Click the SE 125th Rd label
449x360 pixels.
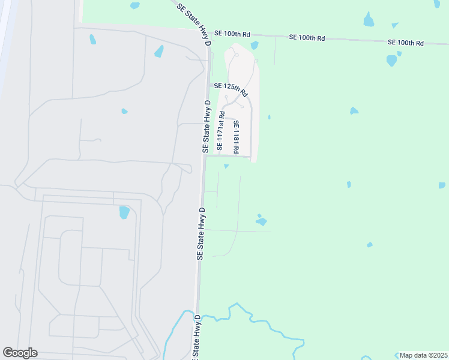(231, 89)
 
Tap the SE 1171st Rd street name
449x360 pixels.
(221, 130)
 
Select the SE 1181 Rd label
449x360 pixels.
(237, 136)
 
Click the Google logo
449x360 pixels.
(20, 353)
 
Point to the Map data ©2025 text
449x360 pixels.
(423, 355)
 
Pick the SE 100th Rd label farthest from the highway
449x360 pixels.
(406, 43)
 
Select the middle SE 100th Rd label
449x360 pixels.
(307, 37)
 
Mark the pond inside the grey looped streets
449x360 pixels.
(124, 212)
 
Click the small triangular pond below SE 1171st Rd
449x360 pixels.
(226, 166)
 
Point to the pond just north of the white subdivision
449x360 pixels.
(255, 45)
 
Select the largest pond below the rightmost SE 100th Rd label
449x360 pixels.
(391, 61)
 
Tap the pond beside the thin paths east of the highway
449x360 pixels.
(261, 221)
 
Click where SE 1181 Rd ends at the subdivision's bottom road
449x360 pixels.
(249, 157)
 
